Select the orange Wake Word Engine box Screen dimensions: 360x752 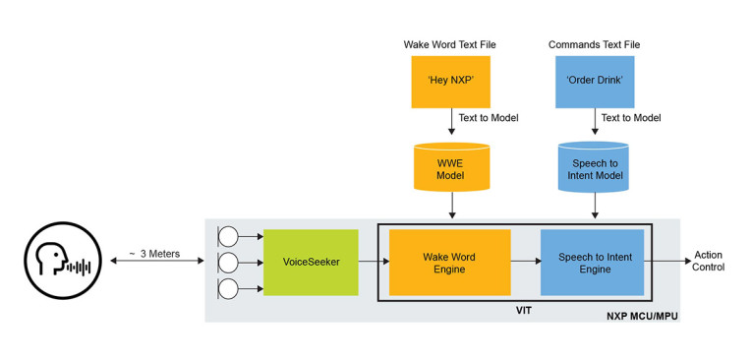point(449,263)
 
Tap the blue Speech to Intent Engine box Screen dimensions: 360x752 point(592,263)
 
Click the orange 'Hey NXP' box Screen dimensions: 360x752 point(450,82)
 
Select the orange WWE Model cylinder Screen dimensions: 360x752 point(450,168)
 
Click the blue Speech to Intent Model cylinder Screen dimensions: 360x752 point(594,168)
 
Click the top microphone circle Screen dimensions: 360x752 point(228,237)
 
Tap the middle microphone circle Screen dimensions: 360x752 point(228,263)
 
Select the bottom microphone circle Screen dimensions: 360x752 point(228,288)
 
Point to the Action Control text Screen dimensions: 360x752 point(708,261)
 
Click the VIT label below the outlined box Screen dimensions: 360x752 point(524,310)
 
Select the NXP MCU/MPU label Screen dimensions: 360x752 point(640,315)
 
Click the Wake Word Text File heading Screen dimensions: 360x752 point(449,45)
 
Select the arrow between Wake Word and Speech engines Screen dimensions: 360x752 point(525,263)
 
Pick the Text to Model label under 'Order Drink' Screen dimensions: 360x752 point(630,118)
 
